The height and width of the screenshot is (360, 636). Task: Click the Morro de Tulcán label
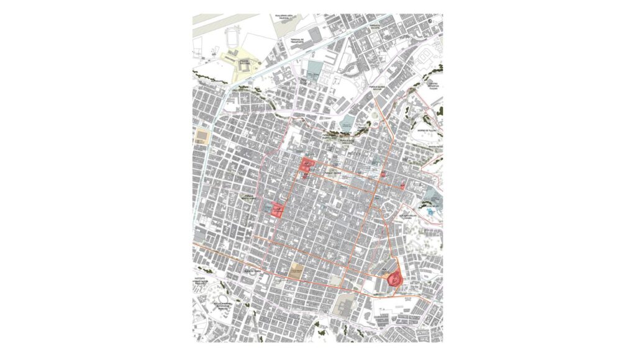(x=427, y=130)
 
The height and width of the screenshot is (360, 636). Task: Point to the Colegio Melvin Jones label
(x=416, y=217)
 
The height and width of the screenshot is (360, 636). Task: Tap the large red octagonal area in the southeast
(x=394, y=280)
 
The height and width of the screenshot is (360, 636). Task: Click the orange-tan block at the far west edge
(x=202, y=135)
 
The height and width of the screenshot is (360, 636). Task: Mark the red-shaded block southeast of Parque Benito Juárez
(x=276, y=210)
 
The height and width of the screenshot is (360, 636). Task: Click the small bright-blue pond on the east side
(x=432, y=213)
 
